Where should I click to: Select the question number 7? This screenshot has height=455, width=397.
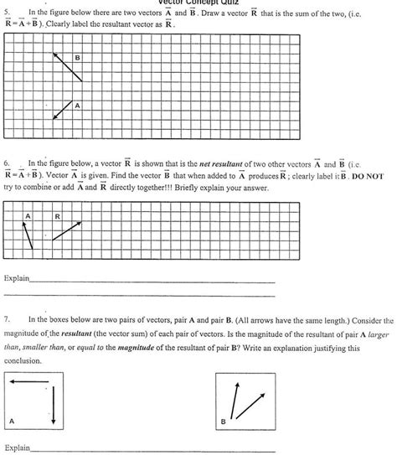(x=8, y=319)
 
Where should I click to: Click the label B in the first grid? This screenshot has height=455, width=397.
(x=77, y=57)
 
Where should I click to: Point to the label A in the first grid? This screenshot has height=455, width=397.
(x=76, y=106)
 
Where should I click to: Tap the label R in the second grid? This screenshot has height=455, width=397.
(x=57, y=216)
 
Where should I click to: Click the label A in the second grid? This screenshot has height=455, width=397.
(x=27, y=216)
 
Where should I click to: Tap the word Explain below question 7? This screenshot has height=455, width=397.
(x=16, y=448)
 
